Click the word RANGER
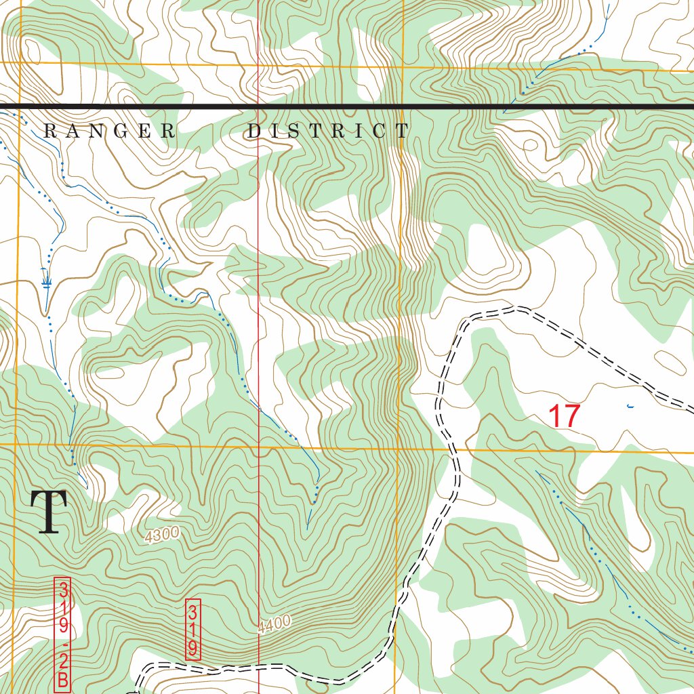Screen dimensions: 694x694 coord(109,131)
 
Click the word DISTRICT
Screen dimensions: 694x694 coord(328,131)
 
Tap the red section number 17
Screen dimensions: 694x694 coord(564,416)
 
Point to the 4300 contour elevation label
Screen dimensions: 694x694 coord(162,534)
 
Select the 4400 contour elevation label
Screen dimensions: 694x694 coord(274,624)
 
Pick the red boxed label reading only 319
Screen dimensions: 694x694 coord(193,629)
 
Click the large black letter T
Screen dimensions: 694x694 coord(48,513)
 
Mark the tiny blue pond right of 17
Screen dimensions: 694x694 coord(630,407)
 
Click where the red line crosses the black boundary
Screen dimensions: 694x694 coord(258,106)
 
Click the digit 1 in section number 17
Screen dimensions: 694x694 coord(554,416)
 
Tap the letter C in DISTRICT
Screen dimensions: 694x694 coord(382,131)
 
